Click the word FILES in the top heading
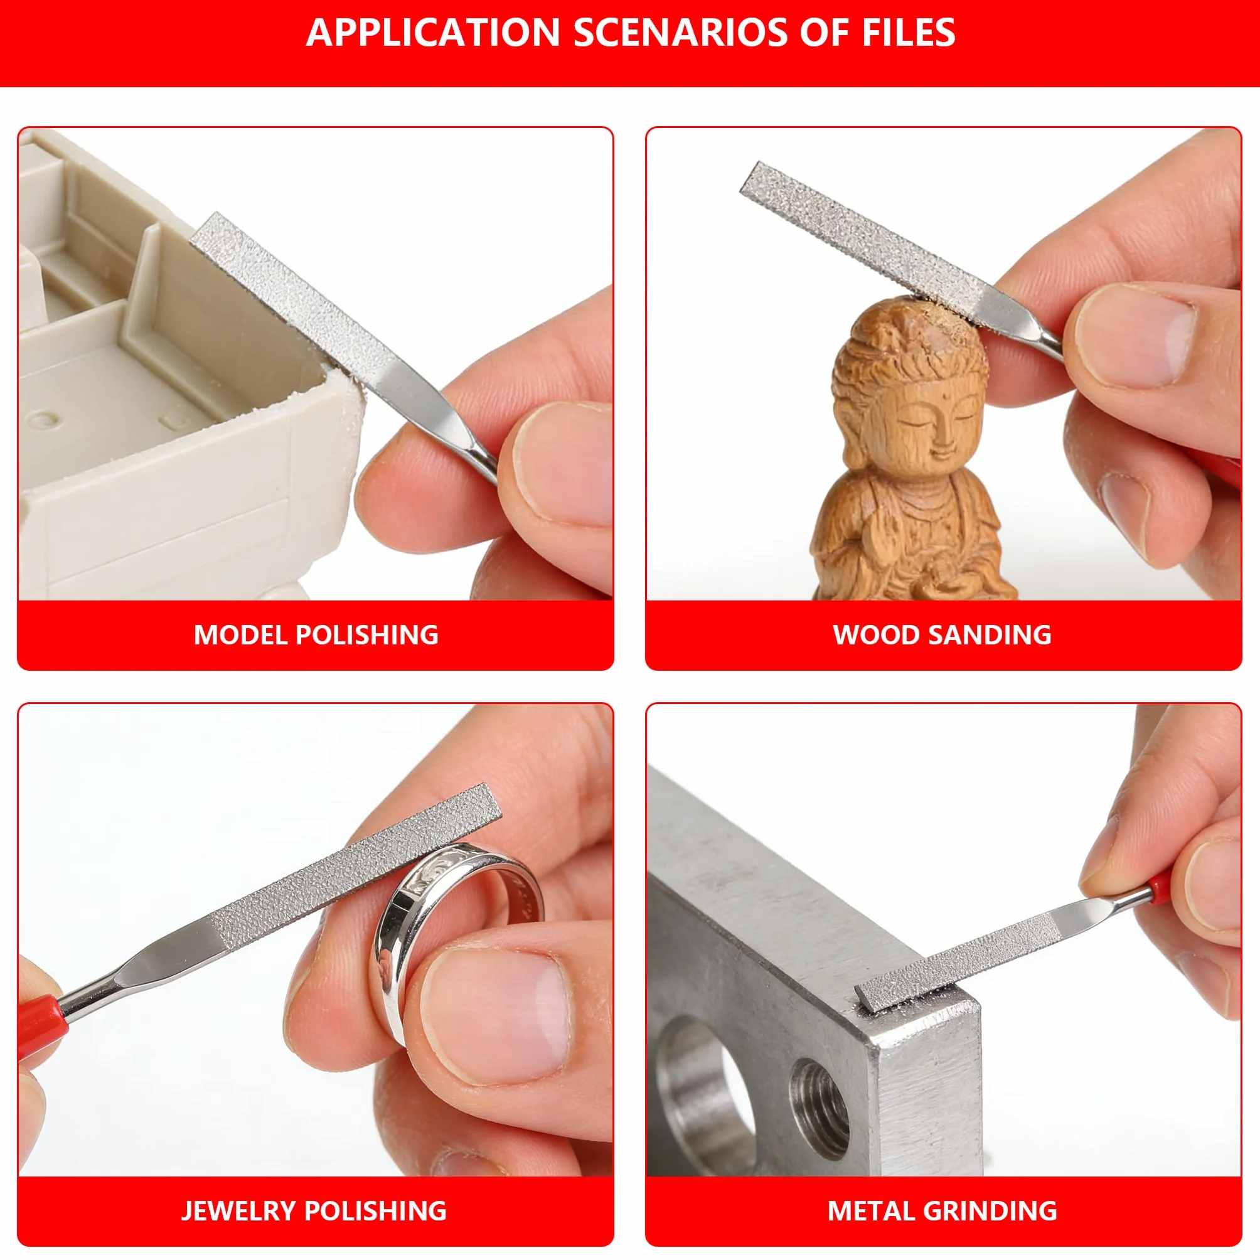(x=909, y=32)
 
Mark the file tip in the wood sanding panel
(x=749, y=179)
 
